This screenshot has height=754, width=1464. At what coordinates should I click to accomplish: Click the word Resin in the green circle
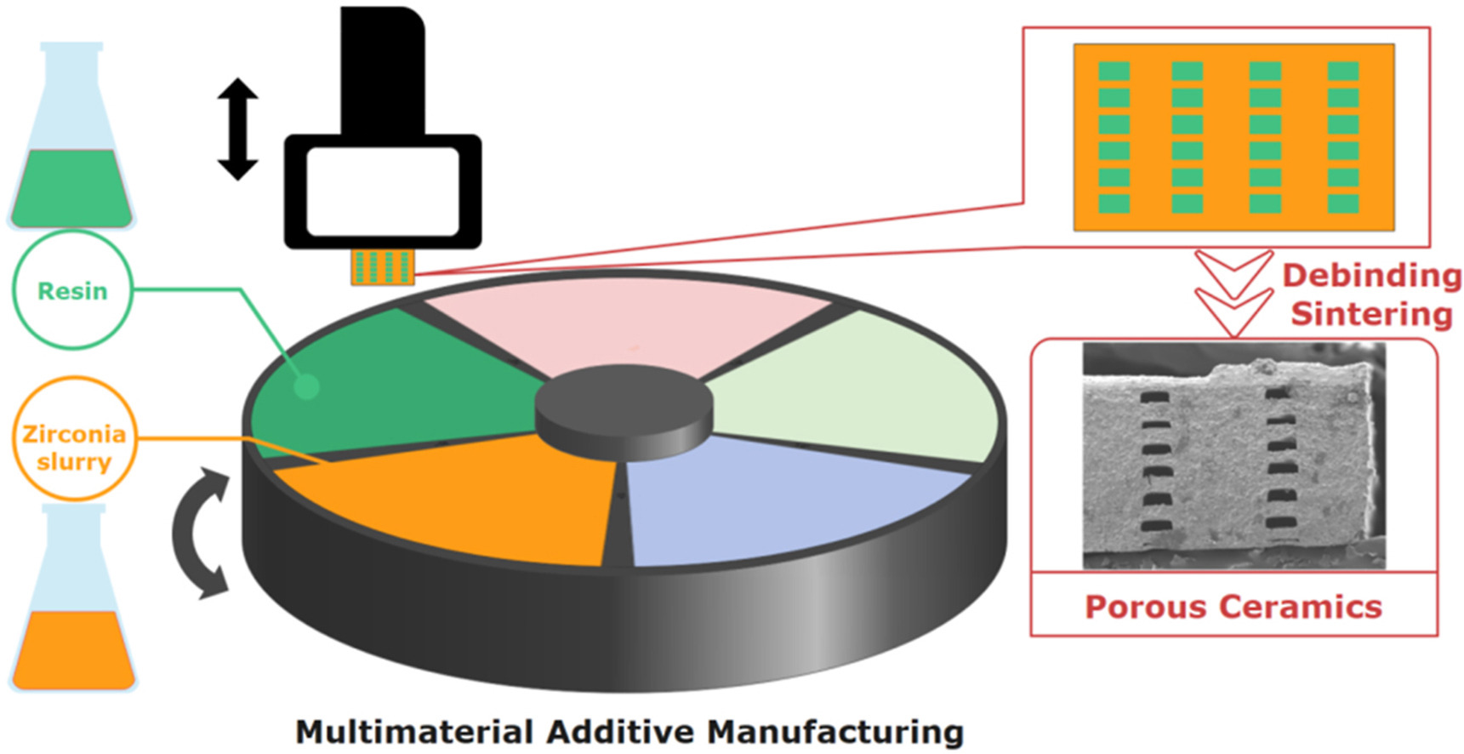tap(72, 291)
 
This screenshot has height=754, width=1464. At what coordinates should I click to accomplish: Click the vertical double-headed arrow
tap(237, 129)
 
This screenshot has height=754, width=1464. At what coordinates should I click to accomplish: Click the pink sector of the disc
tap(625, 328)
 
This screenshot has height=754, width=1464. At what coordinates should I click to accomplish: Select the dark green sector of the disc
tap(391, 383)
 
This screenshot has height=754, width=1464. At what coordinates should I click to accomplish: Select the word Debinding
tap(1371, 276)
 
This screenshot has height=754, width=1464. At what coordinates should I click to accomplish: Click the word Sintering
tap(1371, 313)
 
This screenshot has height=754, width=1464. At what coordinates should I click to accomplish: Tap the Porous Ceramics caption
tap(1233, 607)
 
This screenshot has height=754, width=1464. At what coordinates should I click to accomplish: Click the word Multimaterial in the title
tap(413, 732)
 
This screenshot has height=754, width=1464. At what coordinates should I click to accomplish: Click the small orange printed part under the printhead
tap(383, 267)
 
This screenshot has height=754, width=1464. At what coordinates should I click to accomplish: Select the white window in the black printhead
tap(383, 191)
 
